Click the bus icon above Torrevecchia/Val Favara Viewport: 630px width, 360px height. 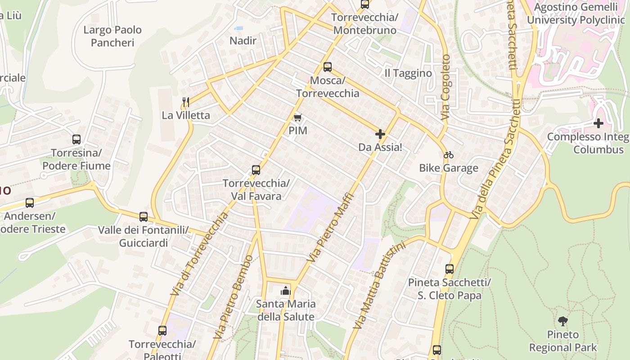(x=256, y=170)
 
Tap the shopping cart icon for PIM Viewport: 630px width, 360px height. (x=297, y=118)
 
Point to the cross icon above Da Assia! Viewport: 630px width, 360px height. (x=380, y=134)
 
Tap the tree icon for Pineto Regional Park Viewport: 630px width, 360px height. (x=562, y=321)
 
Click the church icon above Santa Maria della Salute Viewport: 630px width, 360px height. (x=285, y=291)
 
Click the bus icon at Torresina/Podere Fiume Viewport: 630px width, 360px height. (x=76, y=139)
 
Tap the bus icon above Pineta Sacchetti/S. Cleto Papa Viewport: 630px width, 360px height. (x=449, y=269)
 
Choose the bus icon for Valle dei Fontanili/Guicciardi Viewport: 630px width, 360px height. (x=144, y=217)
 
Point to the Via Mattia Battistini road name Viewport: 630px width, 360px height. (x=381, y=285)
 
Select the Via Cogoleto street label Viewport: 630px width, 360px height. (x=445, y=87)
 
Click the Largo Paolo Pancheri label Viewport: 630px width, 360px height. (x=112, y=36)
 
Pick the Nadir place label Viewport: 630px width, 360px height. (x=243, y=41)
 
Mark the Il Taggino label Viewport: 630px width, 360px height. (x=408, y=73)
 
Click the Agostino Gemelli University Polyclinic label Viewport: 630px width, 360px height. (x=576, y=13)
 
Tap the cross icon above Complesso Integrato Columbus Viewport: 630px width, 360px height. (x=598, y=123)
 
